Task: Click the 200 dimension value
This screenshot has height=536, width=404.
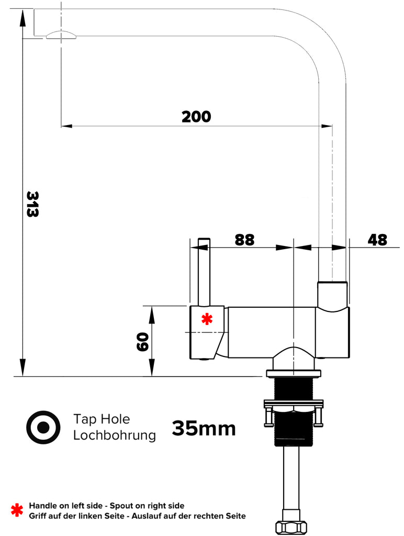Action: (x=196, y=117)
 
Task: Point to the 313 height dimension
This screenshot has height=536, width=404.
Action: (x=32, y=204)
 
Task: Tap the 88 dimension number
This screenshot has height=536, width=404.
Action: (x=244, y=240)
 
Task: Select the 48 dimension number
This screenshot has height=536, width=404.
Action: (x=377, y=240)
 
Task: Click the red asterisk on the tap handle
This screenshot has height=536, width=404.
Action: (x=207, y=319)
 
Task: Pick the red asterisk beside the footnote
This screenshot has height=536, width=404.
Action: (x=17, y=510)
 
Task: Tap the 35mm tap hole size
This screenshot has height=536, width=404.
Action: (x=204, y=429)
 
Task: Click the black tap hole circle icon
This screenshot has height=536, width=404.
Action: (x=43, y=427)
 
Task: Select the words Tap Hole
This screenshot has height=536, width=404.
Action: (x=102, y=419)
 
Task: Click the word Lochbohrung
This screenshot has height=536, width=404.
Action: (x=115, y=435)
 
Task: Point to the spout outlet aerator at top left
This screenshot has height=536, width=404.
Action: (x=61, y=35)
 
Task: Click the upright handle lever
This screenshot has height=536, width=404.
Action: (x=204, y=272)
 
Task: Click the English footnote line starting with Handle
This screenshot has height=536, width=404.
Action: (x=107, y=506)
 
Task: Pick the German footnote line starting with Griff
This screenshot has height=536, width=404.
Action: (x=137, y=516)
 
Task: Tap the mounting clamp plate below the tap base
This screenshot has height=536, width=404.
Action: (x=294, y=404)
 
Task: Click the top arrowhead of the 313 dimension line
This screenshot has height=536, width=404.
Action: (x=23, y=16)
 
